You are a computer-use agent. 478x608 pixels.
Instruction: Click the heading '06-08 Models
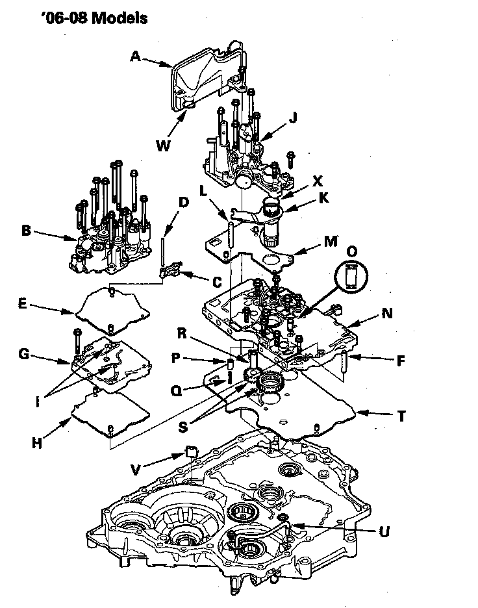[94, 18]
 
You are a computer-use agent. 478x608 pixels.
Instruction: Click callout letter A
[135, 57]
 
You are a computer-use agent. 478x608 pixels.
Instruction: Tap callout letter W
[163, 146]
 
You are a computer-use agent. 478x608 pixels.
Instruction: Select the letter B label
[26, 231]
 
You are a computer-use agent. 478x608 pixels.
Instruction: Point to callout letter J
[293, 117]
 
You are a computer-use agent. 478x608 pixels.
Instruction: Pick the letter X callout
[318, 181]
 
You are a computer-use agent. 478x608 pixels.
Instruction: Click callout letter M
[331, 241]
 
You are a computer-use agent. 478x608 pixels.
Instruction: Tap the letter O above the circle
[351, 251]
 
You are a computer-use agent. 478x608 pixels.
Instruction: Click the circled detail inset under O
[351, 277]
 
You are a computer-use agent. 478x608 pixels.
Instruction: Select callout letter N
[387, 313]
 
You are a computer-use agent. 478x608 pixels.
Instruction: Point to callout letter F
[401, 361]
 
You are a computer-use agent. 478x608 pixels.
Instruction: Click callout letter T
[401, 416]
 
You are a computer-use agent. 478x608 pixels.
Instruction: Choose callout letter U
[384, 531]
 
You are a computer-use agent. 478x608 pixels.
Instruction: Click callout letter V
[135, 470]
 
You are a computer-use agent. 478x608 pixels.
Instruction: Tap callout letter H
[37, 442]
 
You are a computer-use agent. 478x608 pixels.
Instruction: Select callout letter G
[24, 353]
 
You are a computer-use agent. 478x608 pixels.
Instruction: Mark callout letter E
[23, 303]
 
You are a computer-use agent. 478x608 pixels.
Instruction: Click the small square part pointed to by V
[192, 451]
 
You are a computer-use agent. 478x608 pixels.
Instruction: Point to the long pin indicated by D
[164, 251]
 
